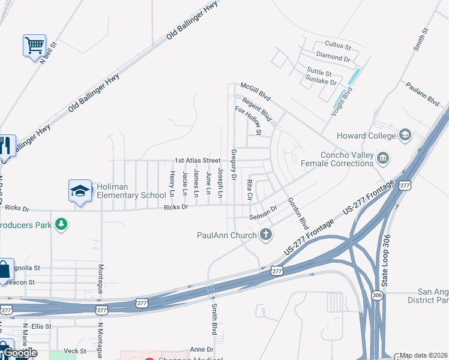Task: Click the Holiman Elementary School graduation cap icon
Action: [x=80, y=191]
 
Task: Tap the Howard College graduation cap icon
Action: [x=405, y=135]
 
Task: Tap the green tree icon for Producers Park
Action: [x=61, y=224]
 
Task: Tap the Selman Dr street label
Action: [x=264, y=212]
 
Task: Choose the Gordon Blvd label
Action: [x=298, y=214]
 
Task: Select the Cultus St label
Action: [x=337, y=46]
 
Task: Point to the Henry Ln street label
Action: [x=172, y=184]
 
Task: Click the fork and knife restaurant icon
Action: [x=6, y=146]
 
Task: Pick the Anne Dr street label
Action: [x=201, y=349]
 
